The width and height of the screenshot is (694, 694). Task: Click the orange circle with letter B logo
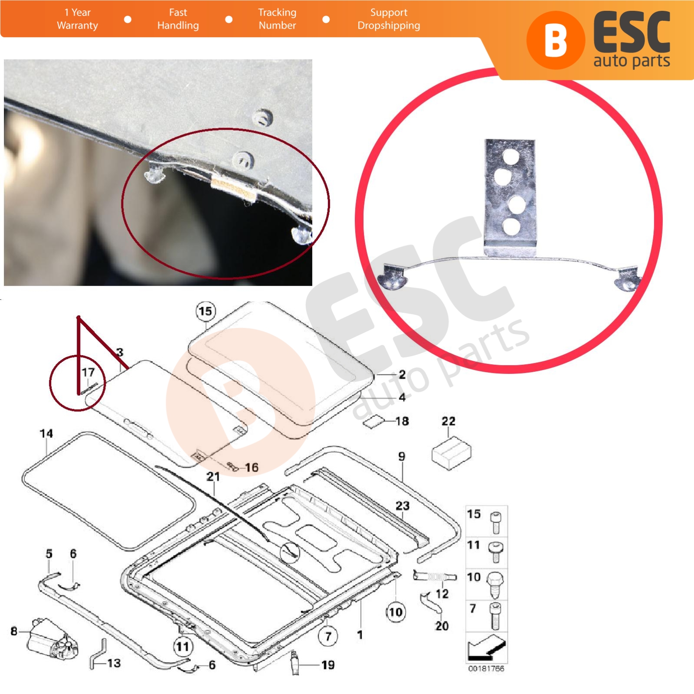(556, 40)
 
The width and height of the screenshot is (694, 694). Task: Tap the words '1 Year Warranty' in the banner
(78, 19)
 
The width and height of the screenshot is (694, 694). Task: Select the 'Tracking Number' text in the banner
(277, 19)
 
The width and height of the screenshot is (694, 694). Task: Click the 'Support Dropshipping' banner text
(389, 19)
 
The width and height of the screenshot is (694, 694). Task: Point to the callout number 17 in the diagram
(88, 372)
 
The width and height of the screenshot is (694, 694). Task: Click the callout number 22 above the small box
(448, 421)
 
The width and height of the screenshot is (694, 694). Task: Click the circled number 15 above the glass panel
(206, 311)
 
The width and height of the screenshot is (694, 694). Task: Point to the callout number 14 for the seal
(46, 434)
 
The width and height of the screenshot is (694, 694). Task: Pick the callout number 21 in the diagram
(213, 477)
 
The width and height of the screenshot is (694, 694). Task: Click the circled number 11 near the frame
(183, 647)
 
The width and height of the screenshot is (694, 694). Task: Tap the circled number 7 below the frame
(328, 636)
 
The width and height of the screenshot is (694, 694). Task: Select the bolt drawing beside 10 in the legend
(495, 584)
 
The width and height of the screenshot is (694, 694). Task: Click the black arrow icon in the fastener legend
(487, 648)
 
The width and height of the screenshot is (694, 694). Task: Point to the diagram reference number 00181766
(486, 668)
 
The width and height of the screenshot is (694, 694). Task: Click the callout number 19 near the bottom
(328, 665)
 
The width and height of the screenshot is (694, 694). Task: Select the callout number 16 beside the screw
(252, 468)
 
